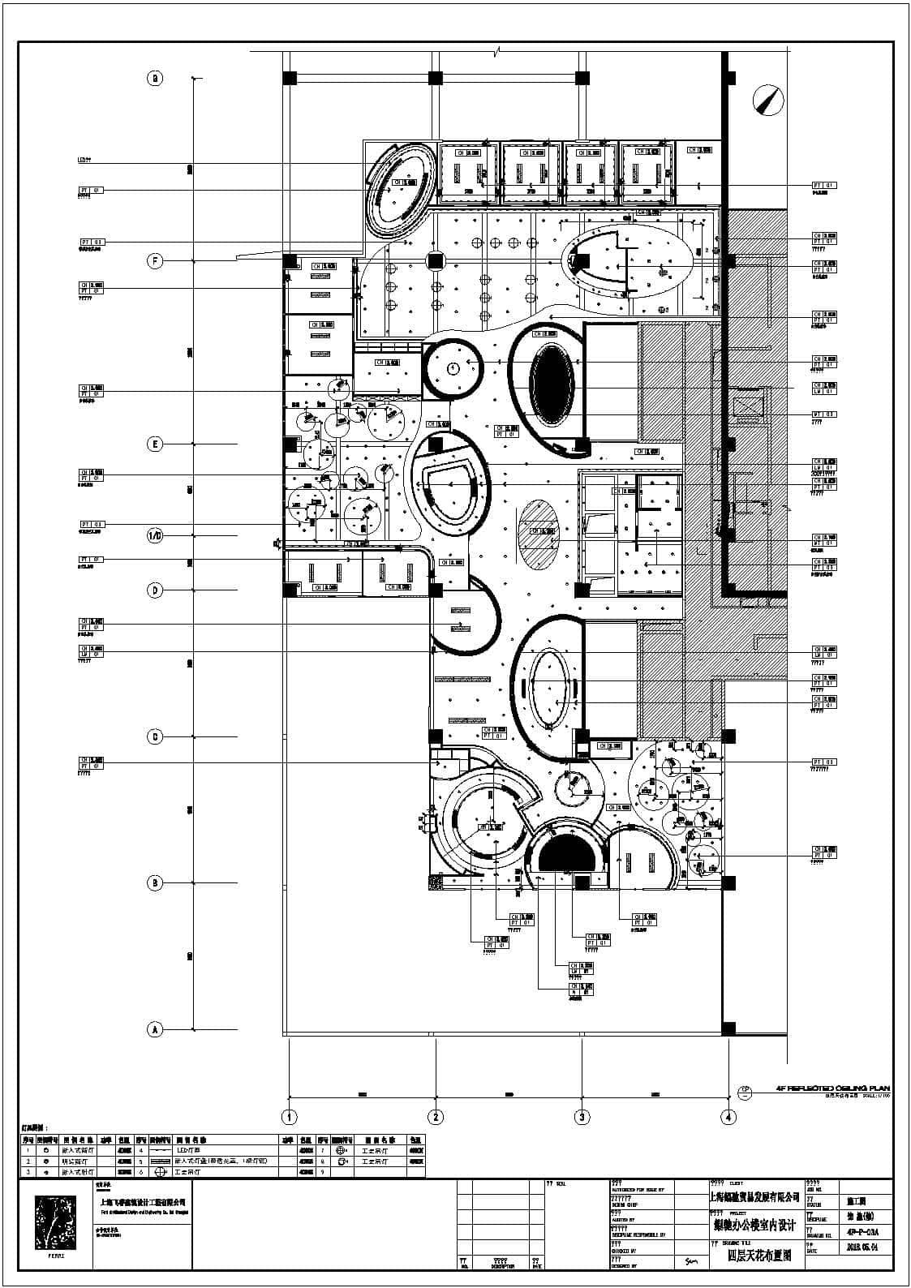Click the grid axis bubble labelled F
[x=155, y=260]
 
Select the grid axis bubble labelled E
[x=155, y=444]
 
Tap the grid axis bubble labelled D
[x=155, y=590]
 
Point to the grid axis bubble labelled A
[x=155, y=1029]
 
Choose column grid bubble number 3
[x=582, y=1117]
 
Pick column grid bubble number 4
[x=728, y=1117]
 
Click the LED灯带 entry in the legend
[x=188, y=1150]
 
